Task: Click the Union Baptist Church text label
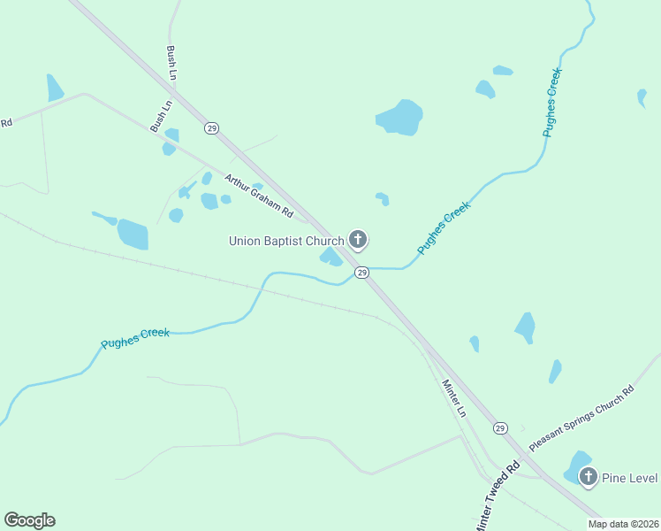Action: coord(285,241)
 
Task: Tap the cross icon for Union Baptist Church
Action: coord(358,239)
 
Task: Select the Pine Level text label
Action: coord(630,478)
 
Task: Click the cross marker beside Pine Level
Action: coord(588,477)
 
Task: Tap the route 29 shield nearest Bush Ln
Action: coord(211,128)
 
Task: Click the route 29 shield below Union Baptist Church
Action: coord(361,273)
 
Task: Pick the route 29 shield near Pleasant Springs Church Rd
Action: coord(500,427)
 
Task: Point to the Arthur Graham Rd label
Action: coord(258,196)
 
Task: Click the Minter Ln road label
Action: coord(453,397)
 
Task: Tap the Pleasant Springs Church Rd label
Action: coord(581,419)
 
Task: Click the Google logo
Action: coord(29,520)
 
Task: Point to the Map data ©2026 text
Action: coord(622,524)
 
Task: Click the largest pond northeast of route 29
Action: coord(399,117)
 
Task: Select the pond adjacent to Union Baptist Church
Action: coord(330,258)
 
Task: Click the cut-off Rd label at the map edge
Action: coord(6,123)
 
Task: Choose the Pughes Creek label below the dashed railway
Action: coord(134,338)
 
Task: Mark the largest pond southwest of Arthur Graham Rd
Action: coord(133,234)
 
